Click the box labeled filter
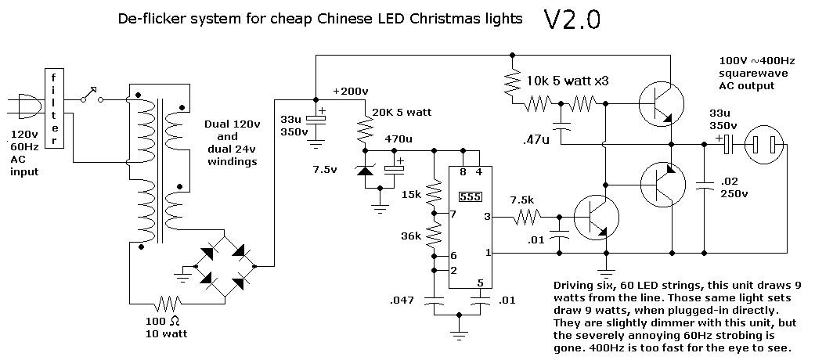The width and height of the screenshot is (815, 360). pos(54,108)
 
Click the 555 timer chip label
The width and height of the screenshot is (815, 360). pos(470,196)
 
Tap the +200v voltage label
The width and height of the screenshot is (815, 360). pos(350,91)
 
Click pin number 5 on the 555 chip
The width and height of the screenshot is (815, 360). pos(481,283)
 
